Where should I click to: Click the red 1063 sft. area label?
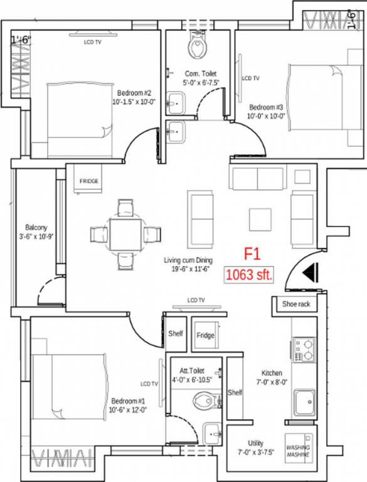249,274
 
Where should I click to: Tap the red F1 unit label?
252,255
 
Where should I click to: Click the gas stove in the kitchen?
304,350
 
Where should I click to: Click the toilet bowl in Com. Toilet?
197,44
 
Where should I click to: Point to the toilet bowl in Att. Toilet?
203,399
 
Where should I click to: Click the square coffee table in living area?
261,219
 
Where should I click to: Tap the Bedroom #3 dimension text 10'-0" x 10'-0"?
267,115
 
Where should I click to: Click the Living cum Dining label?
188,260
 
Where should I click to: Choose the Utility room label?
255,442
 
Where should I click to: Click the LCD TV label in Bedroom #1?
149,383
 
